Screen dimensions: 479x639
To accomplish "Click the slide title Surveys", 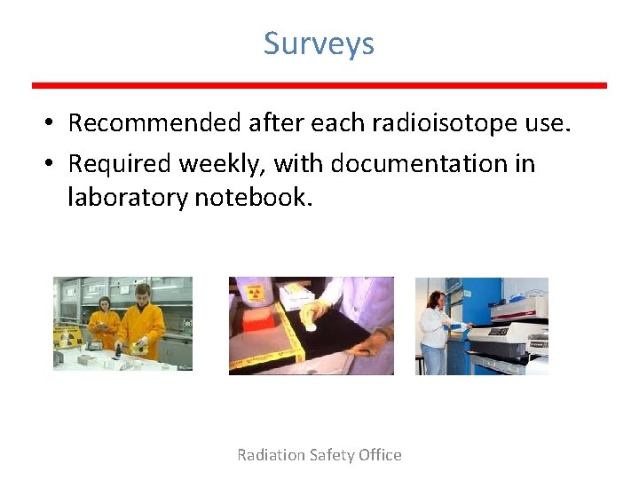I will tap(319, 43).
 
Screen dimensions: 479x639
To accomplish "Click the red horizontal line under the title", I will tap(319, 85).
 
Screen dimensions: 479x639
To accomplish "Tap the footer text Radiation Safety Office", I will tap(319, 455).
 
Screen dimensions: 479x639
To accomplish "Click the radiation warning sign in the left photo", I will tap(67, 337).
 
